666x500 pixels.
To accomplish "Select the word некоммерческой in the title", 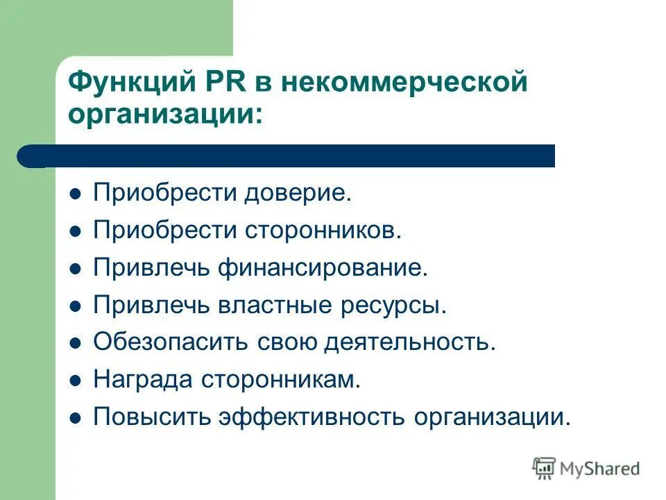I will pos(413,81).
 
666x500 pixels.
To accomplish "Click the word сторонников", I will pos(323,231).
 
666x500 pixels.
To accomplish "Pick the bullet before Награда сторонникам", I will pos(76,381).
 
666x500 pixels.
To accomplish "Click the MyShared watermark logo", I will pos(586,468).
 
